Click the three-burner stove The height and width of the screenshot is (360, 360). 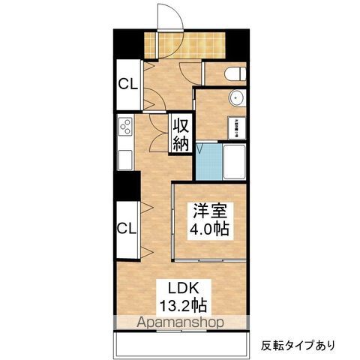[x=124, y=127]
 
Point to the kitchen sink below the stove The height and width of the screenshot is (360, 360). [x=124, y=159]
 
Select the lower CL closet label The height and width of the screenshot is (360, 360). [x=126, y=226]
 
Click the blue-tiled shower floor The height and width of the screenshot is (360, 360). [x=209, y=160]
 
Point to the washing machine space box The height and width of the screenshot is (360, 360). [x=233, y=124]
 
